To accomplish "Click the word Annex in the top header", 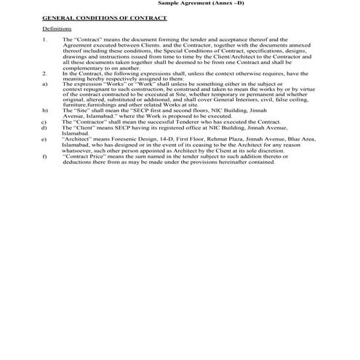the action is (x=218, y=3).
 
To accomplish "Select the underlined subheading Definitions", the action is (x=57, y=28).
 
